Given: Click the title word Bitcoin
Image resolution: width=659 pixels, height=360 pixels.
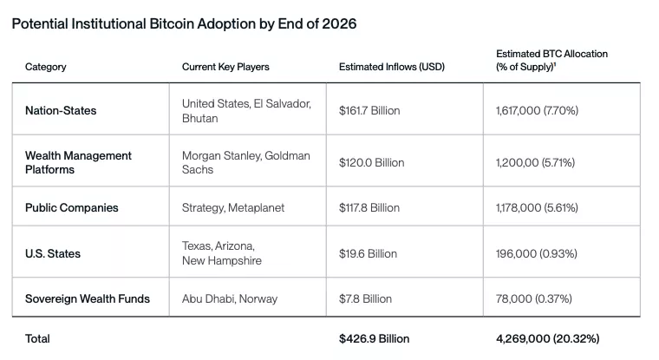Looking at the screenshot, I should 192,23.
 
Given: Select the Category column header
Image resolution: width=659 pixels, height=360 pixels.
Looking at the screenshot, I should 45,67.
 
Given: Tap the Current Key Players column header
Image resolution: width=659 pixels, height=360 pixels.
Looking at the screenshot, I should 225,67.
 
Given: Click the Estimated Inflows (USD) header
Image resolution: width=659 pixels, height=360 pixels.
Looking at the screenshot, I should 391,67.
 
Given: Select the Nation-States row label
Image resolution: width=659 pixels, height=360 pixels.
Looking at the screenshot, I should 61,111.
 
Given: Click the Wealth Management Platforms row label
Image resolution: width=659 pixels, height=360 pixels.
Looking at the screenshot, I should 78,162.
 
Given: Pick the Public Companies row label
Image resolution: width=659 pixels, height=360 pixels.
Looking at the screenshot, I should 71,208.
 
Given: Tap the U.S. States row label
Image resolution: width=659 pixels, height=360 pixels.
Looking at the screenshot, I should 53,253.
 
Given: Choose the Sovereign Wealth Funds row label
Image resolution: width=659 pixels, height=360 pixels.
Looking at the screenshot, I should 88,298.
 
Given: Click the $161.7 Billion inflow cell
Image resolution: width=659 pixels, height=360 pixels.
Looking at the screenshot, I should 369,111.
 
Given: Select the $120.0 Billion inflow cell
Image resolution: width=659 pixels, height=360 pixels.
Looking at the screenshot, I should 371,162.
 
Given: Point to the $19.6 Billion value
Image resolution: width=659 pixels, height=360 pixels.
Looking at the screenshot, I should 368,253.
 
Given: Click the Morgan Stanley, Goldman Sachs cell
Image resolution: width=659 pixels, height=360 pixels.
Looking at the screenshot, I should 245,162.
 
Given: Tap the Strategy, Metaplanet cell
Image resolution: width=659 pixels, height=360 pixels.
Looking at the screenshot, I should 232,208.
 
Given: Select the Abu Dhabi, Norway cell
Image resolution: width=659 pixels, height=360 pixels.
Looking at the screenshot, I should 230,298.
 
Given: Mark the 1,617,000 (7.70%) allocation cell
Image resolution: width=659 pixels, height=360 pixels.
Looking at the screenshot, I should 537,111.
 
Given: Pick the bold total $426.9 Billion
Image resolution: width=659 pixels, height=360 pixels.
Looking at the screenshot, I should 374,338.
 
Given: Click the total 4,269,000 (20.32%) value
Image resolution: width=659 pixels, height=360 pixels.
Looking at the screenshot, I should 547,338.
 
